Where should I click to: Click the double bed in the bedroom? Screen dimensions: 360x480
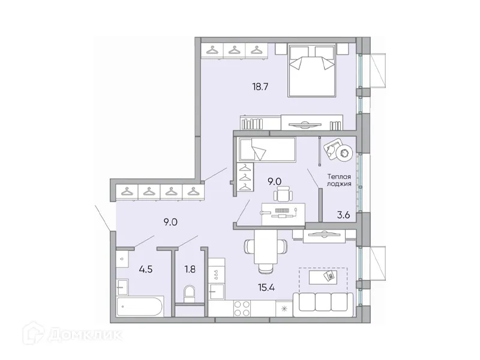(312, 71)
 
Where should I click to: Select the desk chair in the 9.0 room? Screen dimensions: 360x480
(283, 194)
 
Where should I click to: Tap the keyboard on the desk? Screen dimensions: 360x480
(281, 210)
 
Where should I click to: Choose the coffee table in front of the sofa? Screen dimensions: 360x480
(324, 277)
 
